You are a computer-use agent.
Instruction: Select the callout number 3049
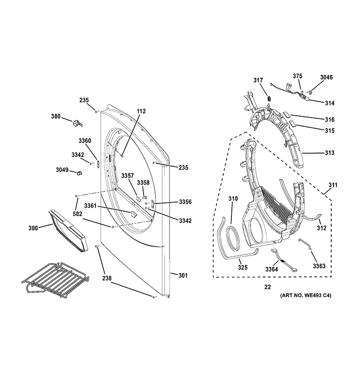[62, 170]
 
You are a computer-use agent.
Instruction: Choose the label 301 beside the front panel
[183, 275]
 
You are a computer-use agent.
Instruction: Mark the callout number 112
[141, 111]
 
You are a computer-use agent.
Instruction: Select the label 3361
[90, 206]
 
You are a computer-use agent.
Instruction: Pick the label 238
[107, 278]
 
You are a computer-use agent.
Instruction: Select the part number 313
[329, 153]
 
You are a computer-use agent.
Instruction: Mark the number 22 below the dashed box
[267, 287]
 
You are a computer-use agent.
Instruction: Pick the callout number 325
[243, 267]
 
